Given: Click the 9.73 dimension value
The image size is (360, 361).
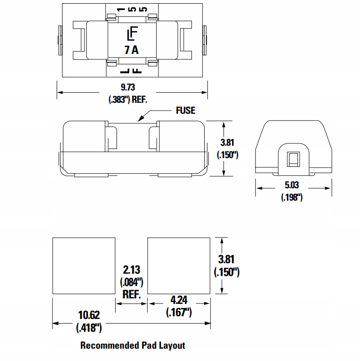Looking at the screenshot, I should point(128,87).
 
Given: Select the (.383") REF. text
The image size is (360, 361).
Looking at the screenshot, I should point(127,100).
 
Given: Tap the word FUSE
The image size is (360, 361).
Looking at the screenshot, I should point(185,110).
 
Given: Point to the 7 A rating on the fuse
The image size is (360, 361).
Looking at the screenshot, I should point(131,50).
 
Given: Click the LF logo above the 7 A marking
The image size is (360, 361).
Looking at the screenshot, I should point(132,35).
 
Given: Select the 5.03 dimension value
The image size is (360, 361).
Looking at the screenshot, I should point(292,186).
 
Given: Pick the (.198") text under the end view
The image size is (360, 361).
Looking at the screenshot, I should point(292,197).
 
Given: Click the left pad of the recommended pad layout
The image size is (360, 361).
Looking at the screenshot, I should point(84,265).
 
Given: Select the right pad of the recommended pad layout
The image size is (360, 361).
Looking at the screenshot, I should point(179,265).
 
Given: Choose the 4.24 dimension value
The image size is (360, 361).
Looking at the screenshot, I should point(178,301).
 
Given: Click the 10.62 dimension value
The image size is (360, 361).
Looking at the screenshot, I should point(89,315).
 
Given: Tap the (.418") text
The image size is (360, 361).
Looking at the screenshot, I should point(89,327).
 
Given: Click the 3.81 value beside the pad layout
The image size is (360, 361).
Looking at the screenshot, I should point(227,260).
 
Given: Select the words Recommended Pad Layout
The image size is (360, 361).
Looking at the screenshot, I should point(132,345).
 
